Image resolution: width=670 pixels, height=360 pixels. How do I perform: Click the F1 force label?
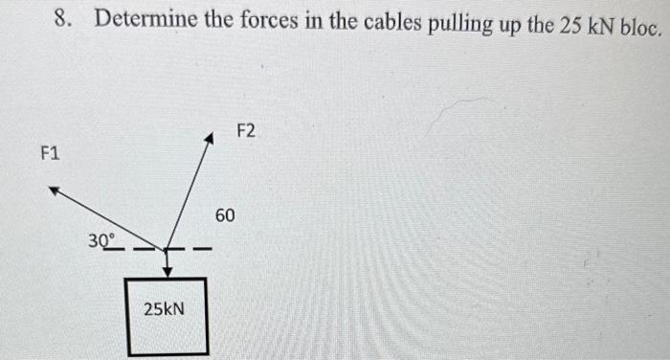point(50,152)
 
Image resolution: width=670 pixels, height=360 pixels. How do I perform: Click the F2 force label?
point(246,129)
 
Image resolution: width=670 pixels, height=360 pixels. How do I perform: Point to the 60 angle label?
point(224,215)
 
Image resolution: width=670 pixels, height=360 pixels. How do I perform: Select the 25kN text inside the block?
point(164,309)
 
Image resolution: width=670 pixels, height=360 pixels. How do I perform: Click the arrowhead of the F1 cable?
point(54,191)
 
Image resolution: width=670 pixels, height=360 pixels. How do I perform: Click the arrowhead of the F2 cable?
point(207,140)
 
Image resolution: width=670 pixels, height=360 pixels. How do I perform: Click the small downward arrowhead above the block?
point(167,271)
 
